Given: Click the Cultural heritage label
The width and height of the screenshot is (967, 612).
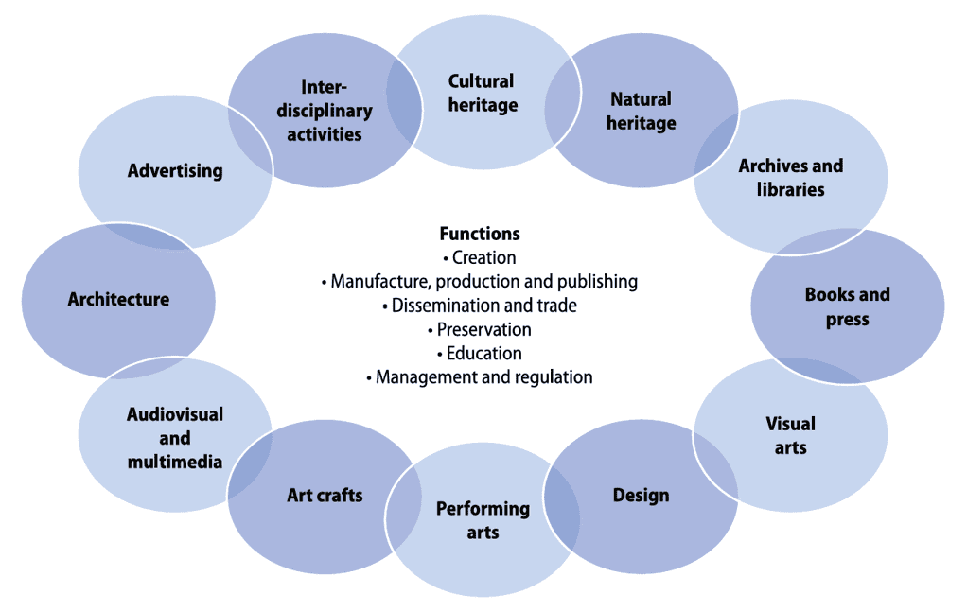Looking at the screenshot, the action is (x=483, y=93).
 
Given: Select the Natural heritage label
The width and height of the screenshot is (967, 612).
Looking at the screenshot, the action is (x=641, y=111).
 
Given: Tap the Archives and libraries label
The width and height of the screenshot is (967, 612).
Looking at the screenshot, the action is (x=791, y=178).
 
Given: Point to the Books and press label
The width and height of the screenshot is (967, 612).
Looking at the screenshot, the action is (x=848, y=306).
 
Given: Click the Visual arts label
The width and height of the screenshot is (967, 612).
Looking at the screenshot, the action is (x=791, y=435).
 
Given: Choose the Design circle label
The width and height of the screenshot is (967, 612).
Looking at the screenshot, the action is (x=641, y=495).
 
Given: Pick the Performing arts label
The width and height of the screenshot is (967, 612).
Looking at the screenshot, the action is (x=483, y=520).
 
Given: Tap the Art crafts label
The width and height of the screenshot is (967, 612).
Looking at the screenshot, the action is (x=325, y=495).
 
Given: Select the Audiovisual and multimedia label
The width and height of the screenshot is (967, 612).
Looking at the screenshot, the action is (x=175, y=438).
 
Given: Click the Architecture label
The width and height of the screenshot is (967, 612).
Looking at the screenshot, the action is (x=118, y=299).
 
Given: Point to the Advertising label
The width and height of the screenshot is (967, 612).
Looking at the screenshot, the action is (x=175, y=170).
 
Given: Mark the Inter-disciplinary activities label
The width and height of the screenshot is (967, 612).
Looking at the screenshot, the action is (x=325, y=111).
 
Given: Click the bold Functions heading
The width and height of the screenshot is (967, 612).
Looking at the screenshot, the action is (x=480, y=234).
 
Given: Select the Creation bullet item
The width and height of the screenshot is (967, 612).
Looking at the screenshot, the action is (x=480, y=257).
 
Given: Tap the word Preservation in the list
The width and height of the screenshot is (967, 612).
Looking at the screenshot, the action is (x=484, y=330).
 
